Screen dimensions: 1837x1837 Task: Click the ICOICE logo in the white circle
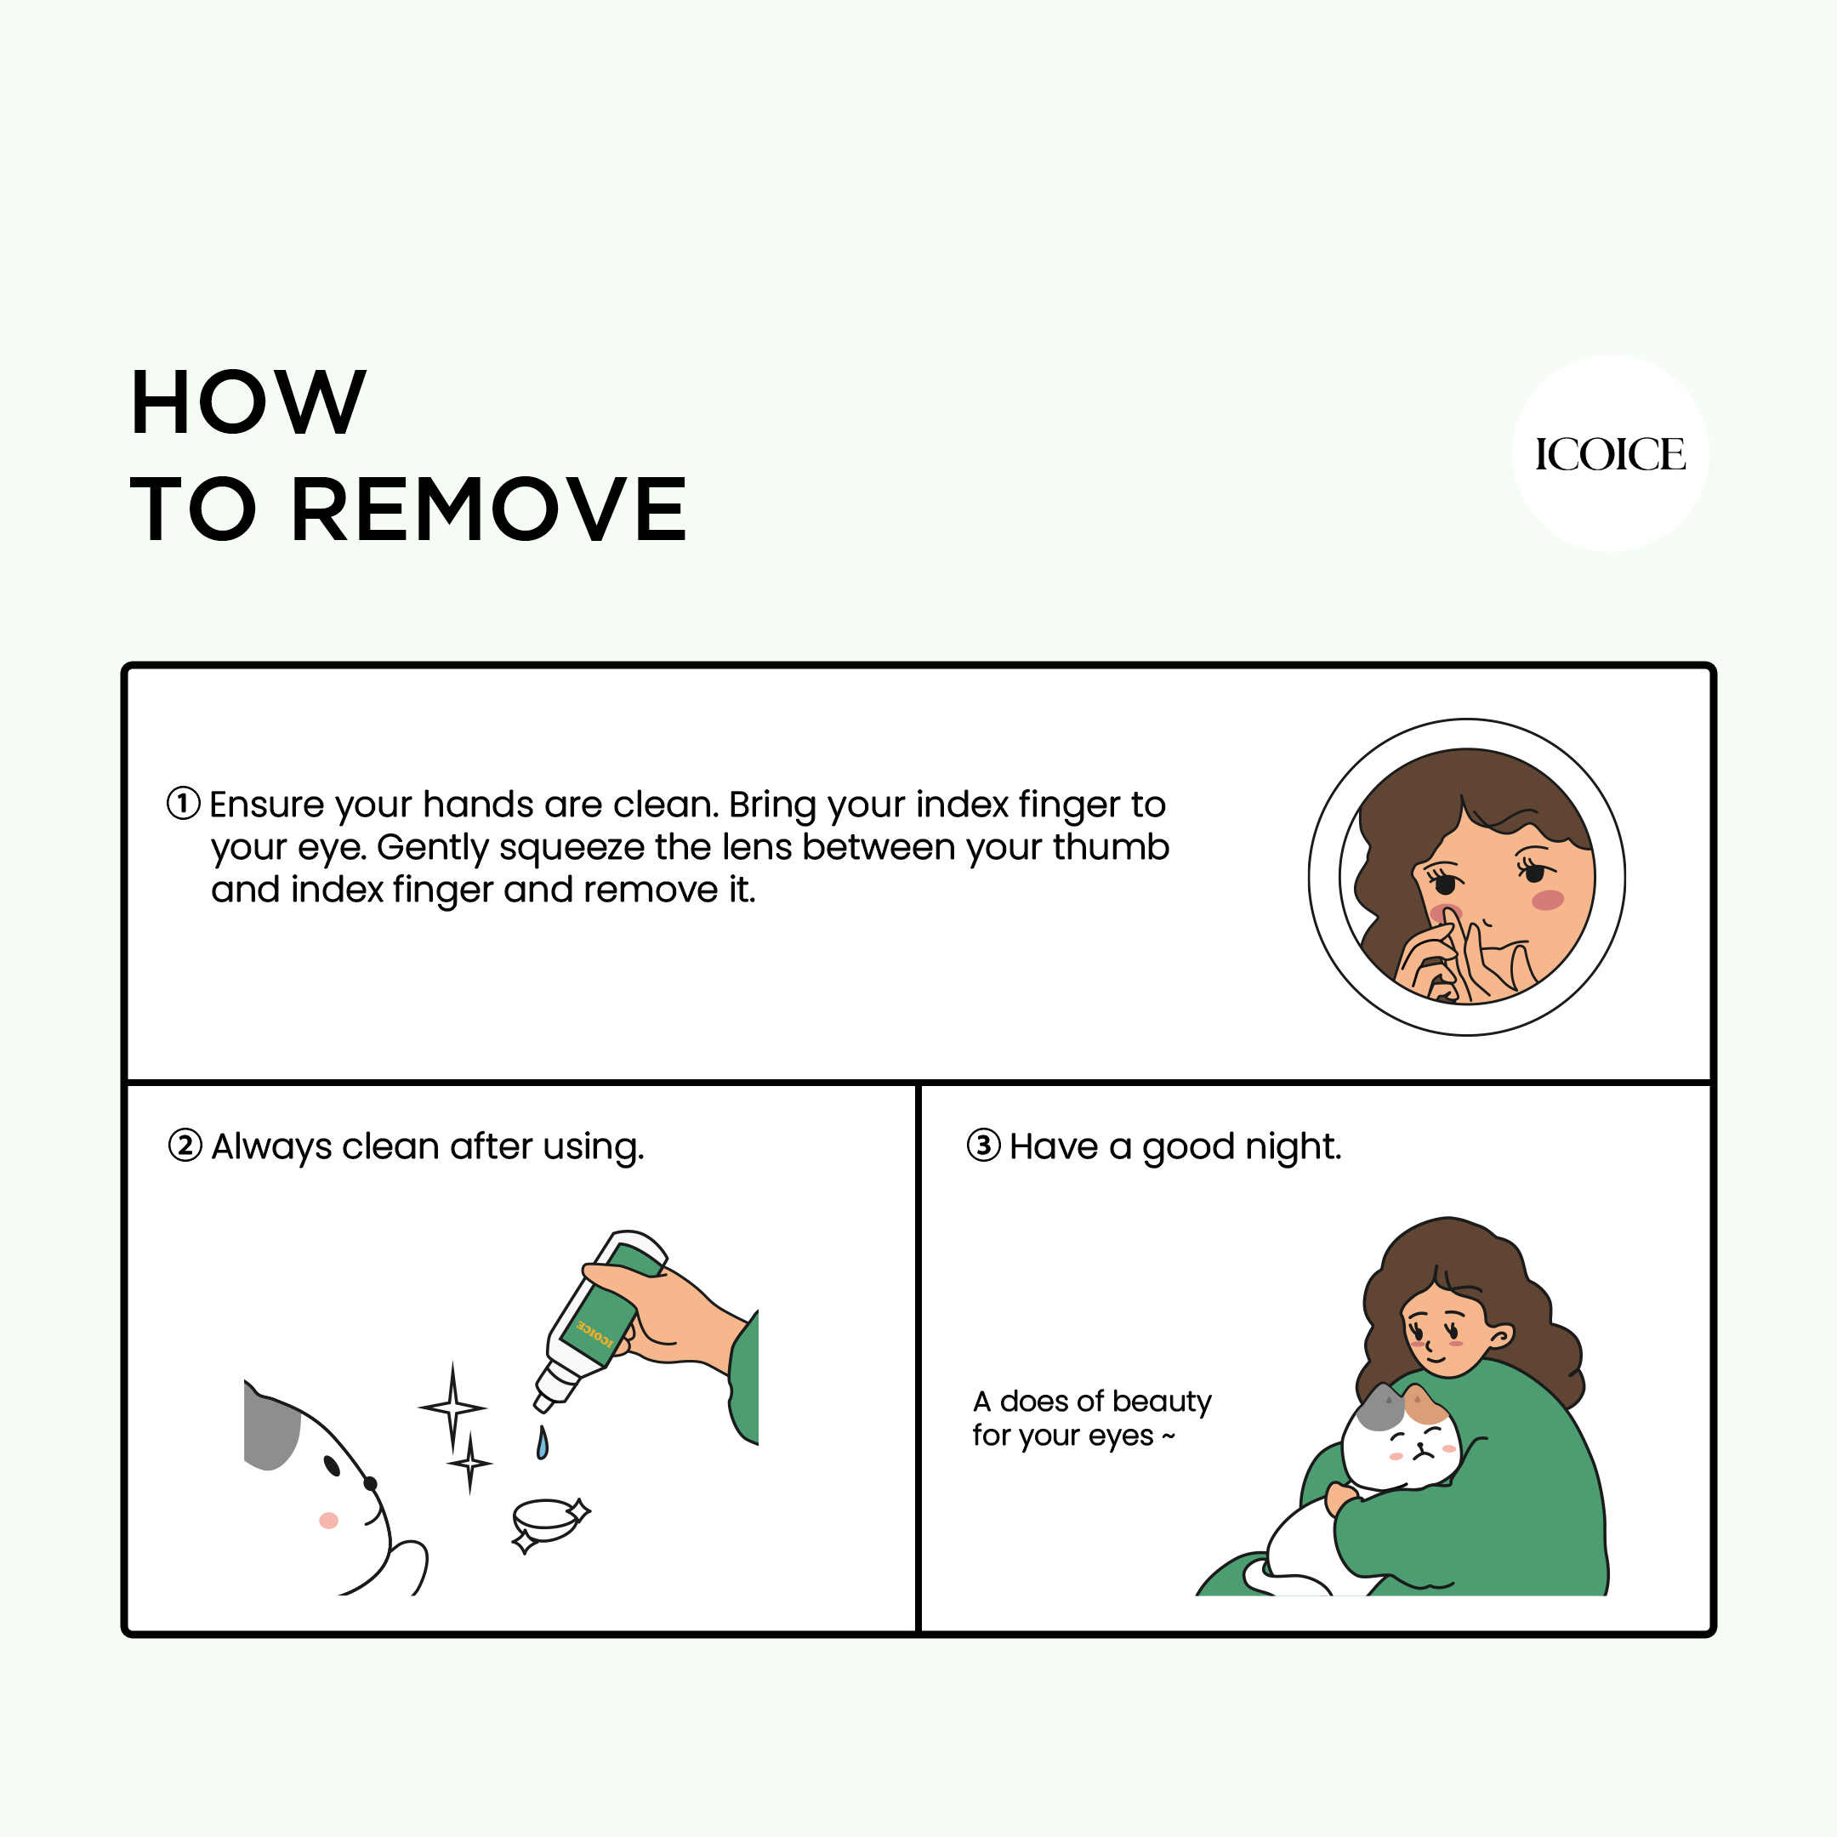1609,454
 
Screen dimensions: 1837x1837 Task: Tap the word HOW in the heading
248,403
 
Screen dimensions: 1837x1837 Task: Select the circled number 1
184,803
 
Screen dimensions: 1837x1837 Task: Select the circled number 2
185,1145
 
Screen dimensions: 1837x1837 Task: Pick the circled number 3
983,1145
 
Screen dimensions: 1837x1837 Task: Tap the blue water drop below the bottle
542,1443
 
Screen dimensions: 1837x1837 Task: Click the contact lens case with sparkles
546,1520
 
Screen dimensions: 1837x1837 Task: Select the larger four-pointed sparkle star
452,1408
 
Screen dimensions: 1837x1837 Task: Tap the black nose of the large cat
370,1483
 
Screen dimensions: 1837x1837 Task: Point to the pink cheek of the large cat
328,1521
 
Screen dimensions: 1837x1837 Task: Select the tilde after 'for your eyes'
1169,1436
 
